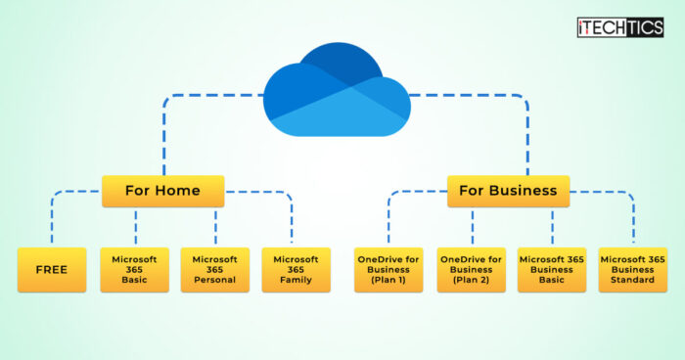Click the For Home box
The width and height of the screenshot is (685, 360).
tap(162, 191)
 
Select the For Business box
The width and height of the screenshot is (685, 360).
tap(508, 191)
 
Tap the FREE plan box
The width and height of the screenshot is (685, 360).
tap(52, 270)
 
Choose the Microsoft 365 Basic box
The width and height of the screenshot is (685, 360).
tap(134, 270)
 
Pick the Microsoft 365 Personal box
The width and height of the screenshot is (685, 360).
tap(215, 270)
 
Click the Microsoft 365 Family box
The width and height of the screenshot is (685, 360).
tap(295, 270)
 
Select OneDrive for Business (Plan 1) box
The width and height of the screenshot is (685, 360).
tap(388, 270)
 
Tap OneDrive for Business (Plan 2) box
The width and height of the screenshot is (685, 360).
tap(471, 270)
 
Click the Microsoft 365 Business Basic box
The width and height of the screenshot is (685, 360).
tap(552, 270)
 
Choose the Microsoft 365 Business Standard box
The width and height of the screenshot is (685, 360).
tap(633, 270)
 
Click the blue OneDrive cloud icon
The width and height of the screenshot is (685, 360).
tap(337, 89)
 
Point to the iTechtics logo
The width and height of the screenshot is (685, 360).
tap(619, 26)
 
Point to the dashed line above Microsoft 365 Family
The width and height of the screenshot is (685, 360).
tap(292, 220)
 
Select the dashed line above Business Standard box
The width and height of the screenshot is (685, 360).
tap(633, 220)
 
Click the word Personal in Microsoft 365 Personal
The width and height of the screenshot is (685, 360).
tap(215, 280)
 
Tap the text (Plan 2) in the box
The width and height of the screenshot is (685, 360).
tap(471, 280)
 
